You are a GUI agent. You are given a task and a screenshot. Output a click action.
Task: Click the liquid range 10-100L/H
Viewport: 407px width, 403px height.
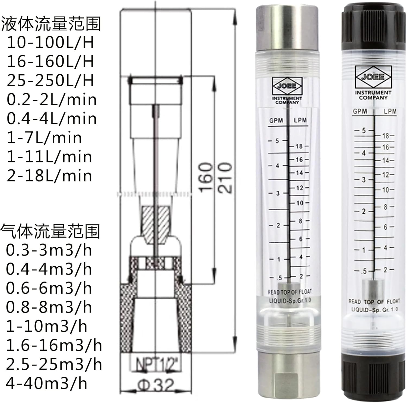50,42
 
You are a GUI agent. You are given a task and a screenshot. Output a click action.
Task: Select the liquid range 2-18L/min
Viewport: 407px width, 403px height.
49,176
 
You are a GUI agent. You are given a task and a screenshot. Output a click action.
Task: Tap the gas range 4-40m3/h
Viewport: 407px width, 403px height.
46,383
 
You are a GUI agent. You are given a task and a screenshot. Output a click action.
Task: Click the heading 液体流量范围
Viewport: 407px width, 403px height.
51,24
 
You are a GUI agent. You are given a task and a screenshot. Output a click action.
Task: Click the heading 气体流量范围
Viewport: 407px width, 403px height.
50,231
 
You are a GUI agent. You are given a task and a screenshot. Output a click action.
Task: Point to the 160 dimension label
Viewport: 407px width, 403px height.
205,178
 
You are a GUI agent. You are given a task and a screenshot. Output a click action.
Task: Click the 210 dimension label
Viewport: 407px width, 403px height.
225,178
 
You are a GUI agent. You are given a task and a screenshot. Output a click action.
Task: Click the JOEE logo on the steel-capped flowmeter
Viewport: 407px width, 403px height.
287,86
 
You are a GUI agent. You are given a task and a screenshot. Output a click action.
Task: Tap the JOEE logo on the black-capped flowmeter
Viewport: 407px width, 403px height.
373,77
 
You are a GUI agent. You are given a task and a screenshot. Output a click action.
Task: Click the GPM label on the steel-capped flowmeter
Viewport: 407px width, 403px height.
276,120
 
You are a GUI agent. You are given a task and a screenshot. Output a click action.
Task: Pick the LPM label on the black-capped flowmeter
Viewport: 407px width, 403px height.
390,111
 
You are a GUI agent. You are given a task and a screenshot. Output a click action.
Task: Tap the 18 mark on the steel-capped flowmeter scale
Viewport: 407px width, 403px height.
299,146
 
